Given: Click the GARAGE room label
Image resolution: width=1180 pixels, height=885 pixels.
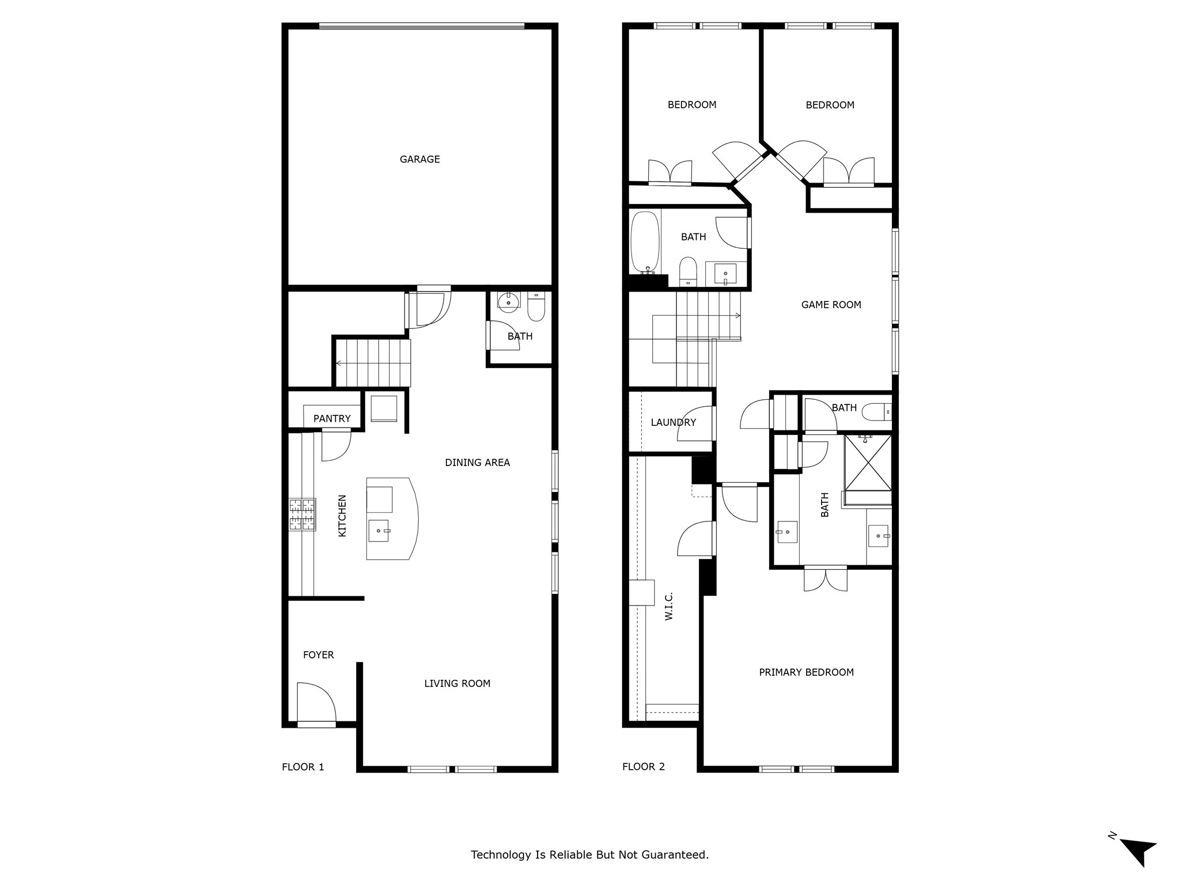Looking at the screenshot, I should pos(419,160).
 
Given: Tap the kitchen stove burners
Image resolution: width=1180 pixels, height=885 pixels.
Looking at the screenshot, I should pos(302,514).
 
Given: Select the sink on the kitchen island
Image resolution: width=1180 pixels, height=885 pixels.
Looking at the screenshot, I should pos(379,531).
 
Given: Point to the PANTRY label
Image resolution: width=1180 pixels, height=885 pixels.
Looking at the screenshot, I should pos(332,419).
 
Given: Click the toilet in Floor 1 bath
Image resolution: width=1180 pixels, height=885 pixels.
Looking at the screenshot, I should pos(536,307).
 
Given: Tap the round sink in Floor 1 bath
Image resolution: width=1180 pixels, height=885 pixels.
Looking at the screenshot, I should pos(509,302).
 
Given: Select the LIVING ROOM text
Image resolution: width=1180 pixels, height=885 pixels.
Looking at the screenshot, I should pos(457,684).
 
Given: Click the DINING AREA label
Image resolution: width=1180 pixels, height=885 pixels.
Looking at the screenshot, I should pos(477,463).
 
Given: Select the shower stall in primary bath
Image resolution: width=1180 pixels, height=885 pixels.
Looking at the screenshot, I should pos(868,463).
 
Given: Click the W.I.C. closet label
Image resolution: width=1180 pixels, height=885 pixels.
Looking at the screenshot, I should pos(669,607).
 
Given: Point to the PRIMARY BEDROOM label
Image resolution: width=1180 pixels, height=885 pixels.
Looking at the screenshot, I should pos(806,672).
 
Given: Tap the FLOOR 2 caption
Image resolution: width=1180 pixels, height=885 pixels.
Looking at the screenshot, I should pos(643,767).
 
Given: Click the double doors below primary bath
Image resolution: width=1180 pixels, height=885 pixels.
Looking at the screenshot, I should pos(826,579).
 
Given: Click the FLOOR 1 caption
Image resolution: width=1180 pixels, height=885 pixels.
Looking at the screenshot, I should pos(302,767).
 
